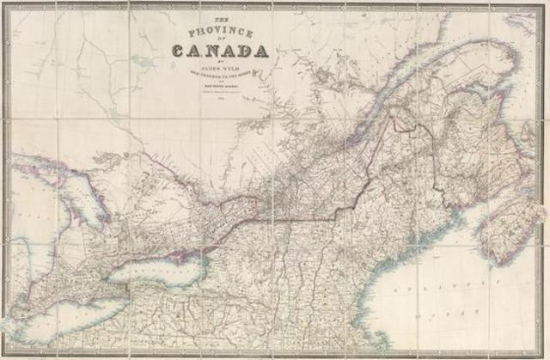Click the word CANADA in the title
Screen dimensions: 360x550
(220, 51)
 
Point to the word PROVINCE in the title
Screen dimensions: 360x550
(220, 33)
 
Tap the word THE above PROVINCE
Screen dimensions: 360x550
(220, 20)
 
